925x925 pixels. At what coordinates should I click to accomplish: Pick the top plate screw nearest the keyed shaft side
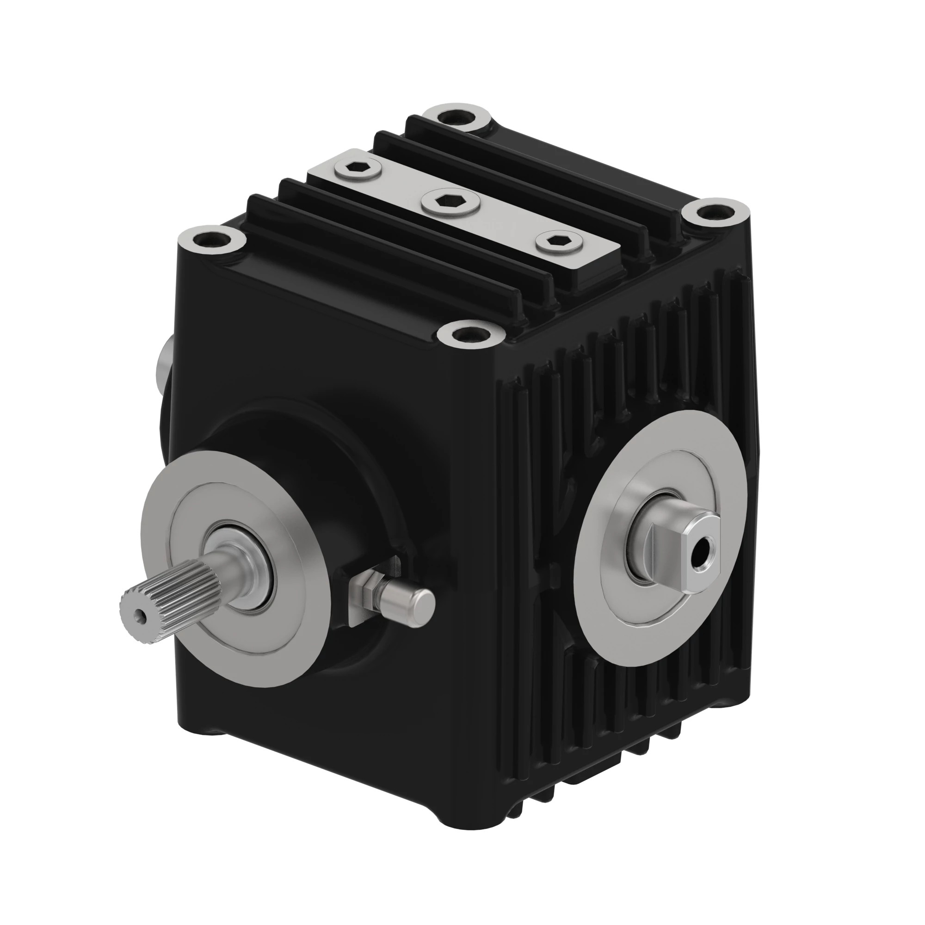558,242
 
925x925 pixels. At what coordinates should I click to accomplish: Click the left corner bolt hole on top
211,239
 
